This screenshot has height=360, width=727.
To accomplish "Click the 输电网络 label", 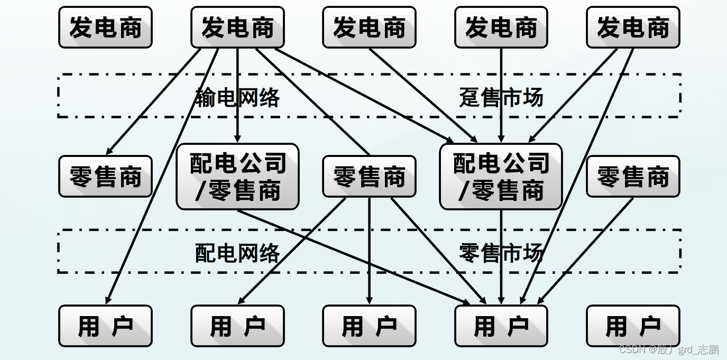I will pyautogui.click(x=237, y=98).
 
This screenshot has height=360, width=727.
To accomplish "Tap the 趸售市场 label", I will pyautogui.click(x=501, y=98).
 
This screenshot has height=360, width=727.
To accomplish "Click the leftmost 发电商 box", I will pyautogui.click(x=105, y=27).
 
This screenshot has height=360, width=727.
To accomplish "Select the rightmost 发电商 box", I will pyautogui.click(x=633, y=27).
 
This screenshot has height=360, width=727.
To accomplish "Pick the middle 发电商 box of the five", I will pyautogui.click(x=369, y=27).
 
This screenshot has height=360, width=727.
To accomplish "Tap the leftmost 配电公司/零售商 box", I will pyautogui.click(x=237, y=177).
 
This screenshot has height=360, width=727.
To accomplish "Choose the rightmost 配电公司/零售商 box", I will pyautogui.click(x=501, y=177).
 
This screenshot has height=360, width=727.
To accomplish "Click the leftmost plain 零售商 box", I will pyautogui.click(x=105, y=177).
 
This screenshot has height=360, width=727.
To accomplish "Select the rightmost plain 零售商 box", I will pyautogui.click(x=633, y=177).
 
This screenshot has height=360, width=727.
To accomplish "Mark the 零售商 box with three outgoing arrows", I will pyautogui.click(x=369, y=177).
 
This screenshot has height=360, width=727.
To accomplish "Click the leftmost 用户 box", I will pyautogui.click(x=105, y=326).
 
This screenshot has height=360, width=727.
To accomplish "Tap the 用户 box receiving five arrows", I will pyautogui.click(x=501, y=326).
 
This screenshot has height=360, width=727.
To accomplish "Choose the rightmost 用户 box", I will pyautogui.click(x=633, y=326).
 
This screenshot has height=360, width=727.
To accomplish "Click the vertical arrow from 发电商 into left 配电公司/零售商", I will pyautogui.click(x=237, y=95).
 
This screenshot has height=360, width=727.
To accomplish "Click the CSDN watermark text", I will pyautogui.click(x=668, y=350).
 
